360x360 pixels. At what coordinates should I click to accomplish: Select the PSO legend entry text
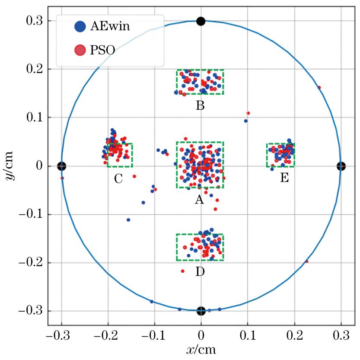tap(102, 50)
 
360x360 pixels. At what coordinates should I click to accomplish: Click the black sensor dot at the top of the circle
tap(201, 21)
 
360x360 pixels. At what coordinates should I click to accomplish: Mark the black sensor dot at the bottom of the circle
tap(201, 311)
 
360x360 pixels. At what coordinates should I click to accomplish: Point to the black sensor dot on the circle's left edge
tap(61, 166)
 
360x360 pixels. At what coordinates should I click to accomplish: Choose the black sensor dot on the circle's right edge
tap(341, 166)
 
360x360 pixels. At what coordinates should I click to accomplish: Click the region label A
tap(199, 200)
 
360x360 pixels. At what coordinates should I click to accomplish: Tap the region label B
tap(200, 105)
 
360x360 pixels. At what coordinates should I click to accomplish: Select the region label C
tap(118, 178)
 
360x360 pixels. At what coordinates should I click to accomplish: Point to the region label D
tap(200, 272)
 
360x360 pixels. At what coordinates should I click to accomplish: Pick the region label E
tap(284, 178)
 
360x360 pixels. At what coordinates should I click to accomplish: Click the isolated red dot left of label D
tap(182, 271)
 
